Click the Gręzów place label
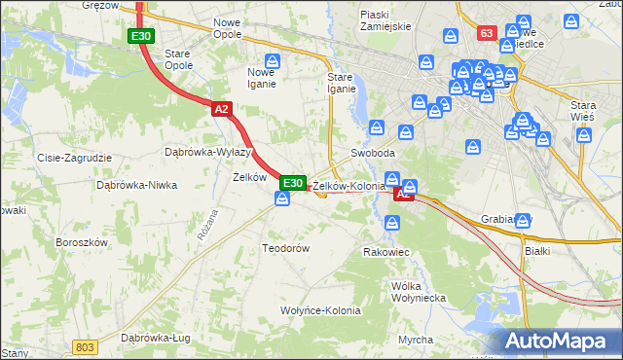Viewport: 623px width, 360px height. click(x=100, y=6)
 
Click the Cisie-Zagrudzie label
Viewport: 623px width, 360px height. click(x=74, y=158)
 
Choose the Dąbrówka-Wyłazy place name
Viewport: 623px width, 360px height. click(x=208, y=152)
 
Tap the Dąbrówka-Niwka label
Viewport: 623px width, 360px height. click(x=136, y=184)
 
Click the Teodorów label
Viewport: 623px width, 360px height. click(x=285, y=248)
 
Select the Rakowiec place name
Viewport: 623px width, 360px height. click(x=385, y=252)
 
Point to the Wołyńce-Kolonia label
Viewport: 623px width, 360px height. click(x=321, y=311)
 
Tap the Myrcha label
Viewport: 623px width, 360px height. click(x=416, y=340)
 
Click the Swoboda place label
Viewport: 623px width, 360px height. click(x=373, y=154)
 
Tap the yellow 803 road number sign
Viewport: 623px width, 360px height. click(x=85, y=345)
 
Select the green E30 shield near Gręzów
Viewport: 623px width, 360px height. click(x=140, y=36)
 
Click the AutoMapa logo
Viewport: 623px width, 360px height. click(x=559, y=342)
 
